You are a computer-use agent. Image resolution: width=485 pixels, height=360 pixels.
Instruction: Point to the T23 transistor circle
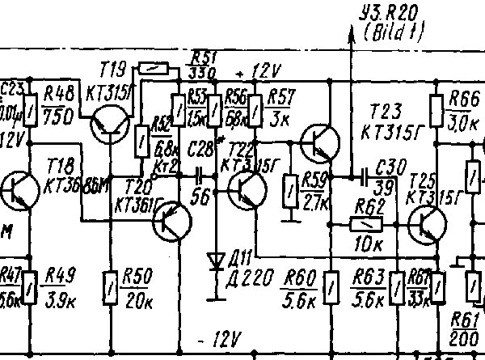318,143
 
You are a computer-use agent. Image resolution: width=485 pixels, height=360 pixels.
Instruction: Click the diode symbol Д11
215,261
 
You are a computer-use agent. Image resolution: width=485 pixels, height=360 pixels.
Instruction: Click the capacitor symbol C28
199,174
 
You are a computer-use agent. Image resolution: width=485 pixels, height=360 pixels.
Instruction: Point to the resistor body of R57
255,106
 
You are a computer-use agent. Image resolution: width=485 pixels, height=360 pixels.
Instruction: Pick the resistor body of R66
436,106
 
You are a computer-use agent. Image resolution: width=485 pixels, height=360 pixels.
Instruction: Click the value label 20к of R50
138,302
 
